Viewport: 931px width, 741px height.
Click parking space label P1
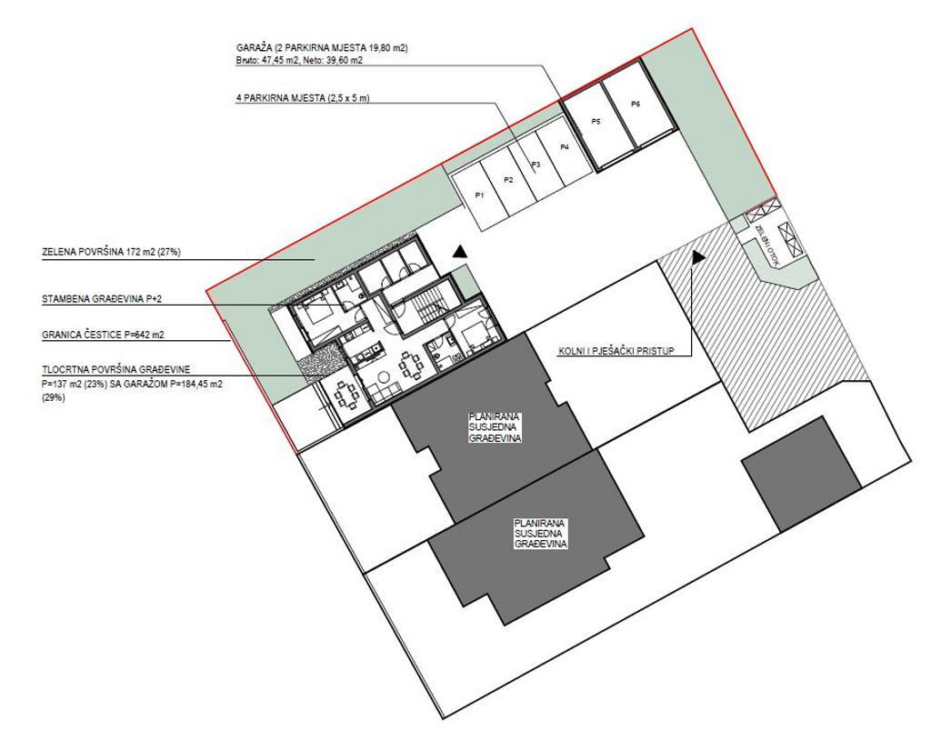[480, 195]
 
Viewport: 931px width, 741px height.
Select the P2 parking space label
[508, 180]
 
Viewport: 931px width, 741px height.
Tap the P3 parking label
[536, 165]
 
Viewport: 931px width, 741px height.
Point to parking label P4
[564, 147]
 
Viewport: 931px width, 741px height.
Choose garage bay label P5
[596, 121]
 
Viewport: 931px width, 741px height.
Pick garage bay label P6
[635, 105]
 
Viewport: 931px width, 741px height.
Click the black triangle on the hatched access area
[698, 257]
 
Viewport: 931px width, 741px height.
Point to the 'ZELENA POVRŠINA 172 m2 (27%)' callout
[112, 252]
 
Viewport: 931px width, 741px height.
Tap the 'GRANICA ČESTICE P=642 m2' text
[103, 335]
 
